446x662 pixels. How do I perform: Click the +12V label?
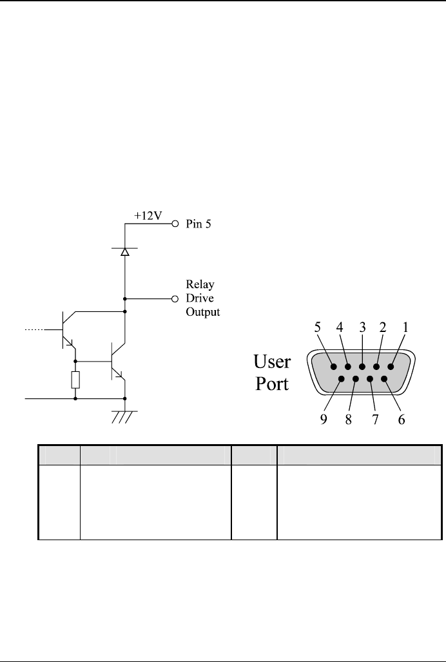click(x=148, y=217)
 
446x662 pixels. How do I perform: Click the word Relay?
click(x=200, y=285)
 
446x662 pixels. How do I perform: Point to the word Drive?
click(x=200, y=298)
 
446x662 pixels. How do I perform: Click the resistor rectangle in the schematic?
click(x=75, y=380)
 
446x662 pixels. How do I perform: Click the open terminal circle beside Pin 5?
click(x=175, y=226)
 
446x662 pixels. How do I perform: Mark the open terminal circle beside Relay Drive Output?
click(x=175, y=299)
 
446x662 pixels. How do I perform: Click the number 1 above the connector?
click(x=405, y=327)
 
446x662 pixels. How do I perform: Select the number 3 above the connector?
click(x=363, y=327)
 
